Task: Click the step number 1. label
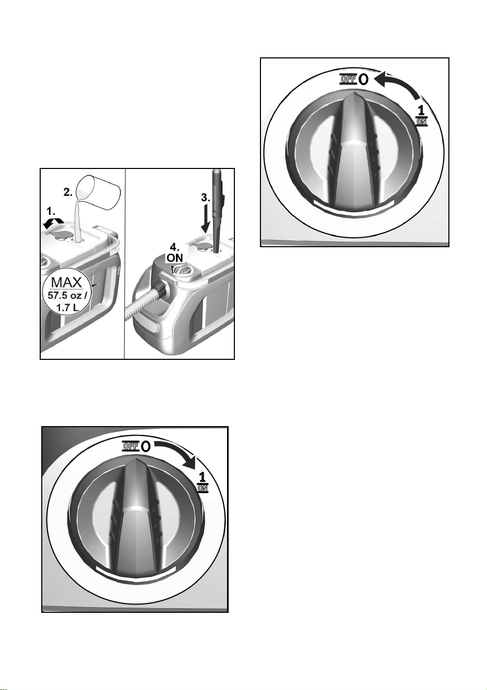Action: click(x=51, y=211)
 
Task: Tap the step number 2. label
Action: click(x=68, y=192)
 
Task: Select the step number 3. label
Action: click(x=206, y=198)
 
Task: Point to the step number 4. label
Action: click(x=175, y=247)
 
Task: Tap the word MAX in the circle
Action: click(x=67, y=282)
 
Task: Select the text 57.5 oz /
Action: click(x=67, y=295)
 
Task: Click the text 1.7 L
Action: click(x=67, y=307)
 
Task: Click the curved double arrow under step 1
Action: click(x=53, y=223)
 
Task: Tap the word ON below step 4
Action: click(x=175, y=258)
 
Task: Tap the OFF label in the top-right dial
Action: click(x=348, y=79)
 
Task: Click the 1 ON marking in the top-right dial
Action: click(x=422, y=115)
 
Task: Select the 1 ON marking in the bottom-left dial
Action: click(x=203, y=482)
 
